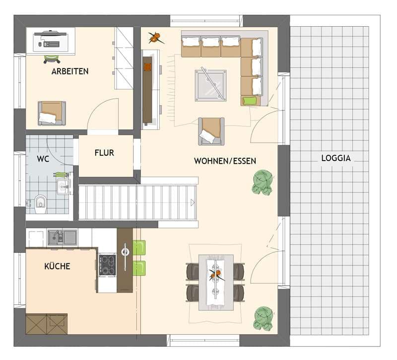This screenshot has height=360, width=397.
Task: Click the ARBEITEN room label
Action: pyautogui.click(x=70, y=71)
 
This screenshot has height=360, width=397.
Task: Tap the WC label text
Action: pyautogui.click(x=43, y=160)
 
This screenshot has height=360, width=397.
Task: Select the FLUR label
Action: pyautogui.click(x=104, y=153)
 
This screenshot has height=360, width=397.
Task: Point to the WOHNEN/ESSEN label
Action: pyautogui.click(x=225, y=161)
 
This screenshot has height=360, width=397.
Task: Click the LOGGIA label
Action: pyautogui.click(x=336, y=159)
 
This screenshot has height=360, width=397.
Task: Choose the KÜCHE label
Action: pyautogui.click(x=57, y=266)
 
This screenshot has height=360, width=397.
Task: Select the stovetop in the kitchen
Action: pyautogui.click(x=107, y=264)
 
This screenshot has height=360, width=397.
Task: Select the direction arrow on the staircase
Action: pyautogui.click(x=193, y=202)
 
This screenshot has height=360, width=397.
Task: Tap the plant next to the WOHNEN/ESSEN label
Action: pyautogui.click(x=262, y=181)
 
